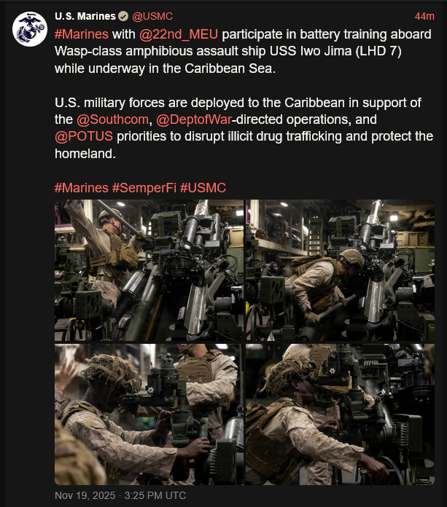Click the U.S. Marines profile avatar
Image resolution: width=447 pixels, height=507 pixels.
(30, 29)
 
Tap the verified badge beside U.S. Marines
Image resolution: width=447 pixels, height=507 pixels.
(123, 16)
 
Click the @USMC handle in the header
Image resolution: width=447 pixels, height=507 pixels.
(152, 16)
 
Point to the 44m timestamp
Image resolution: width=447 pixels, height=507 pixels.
(424, 16)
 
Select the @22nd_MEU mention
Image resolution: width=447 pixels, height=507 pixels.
(179, 34)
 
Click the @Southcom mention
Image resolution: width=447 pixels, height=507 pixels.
(112, 119)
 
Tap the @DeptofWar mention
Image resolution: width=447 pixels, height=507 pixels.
(194, 119)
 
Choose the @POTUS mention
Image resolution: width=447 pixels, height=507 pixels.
(84, 136)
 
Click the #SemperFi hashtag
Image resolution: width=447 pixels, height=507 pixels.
(144, 188)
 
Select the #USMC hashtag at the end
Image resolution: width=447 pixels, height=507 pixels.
(203, 188)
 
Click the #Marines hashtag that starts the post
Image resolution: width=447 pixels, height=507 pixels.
(82, 34)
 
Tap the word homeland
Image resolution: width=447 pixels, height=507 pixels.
(84, 154)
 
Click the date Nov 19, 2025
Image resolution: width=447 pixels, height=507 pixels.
(85, 495)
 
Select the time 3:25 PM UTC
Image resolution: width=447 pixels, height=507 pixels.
(155, 495)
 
